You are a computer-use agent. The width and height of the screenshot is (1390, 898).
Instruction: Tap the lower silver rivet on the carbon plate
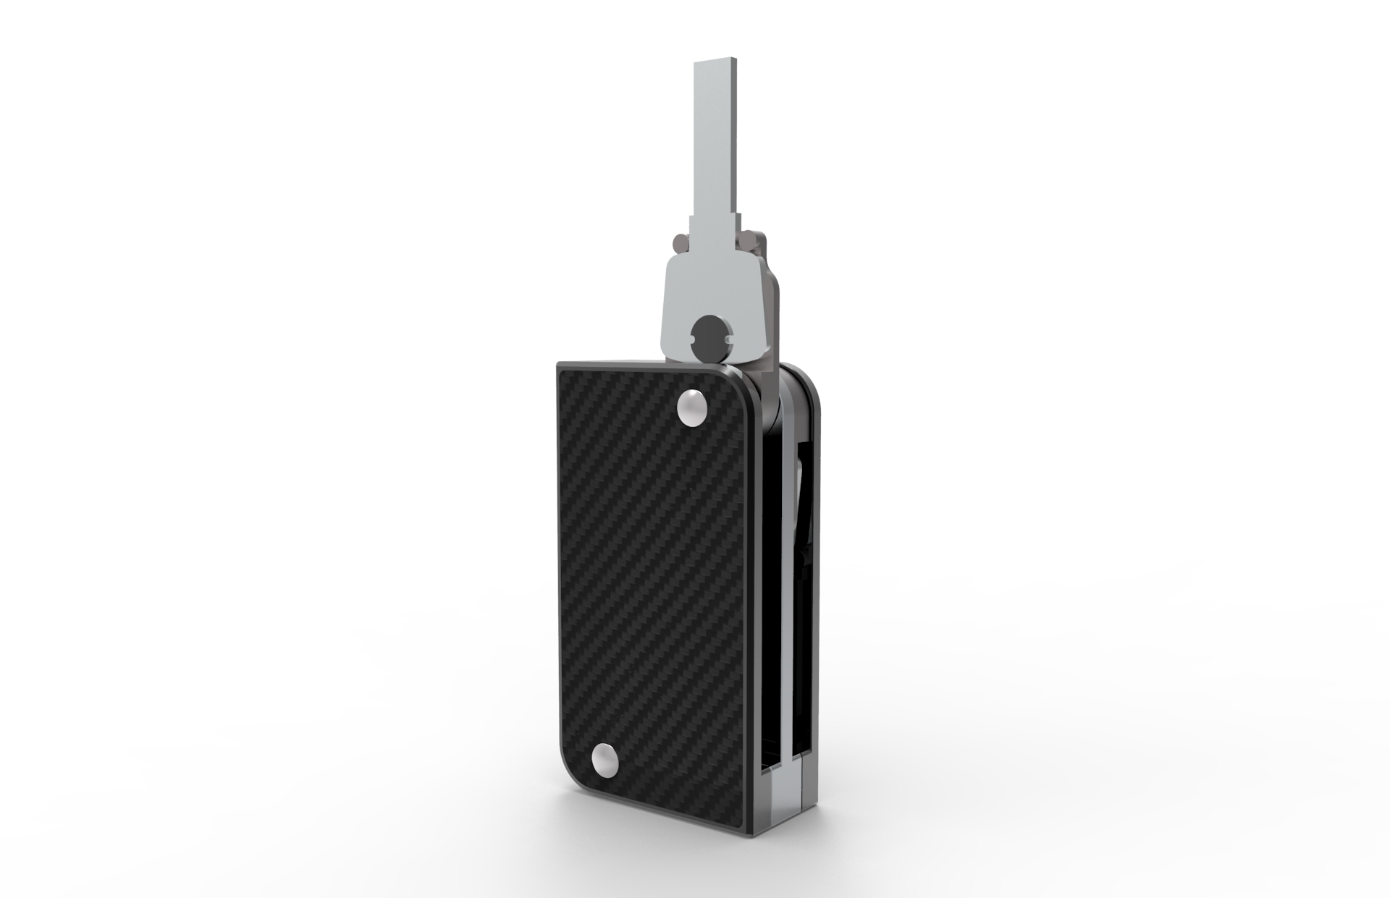(x=605, y=762)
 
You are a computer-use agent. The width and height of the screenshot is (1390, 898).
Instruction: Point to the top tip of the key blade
(x=716, y=66)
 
